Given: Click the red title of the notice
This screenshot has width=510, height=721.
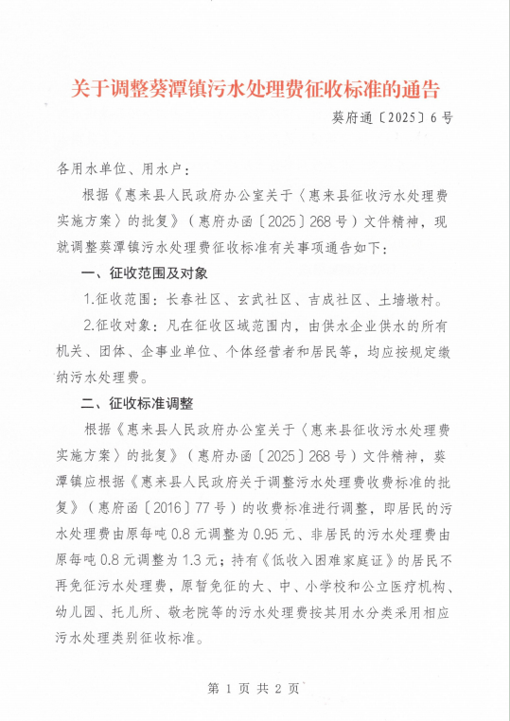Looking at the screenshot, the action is (256, 90).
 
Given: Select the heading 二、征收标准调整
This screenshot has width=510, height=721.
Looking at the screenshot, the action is (137, 402).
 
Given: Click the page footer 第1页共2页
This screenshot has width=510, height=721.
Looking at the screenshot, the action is (255, 689).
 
